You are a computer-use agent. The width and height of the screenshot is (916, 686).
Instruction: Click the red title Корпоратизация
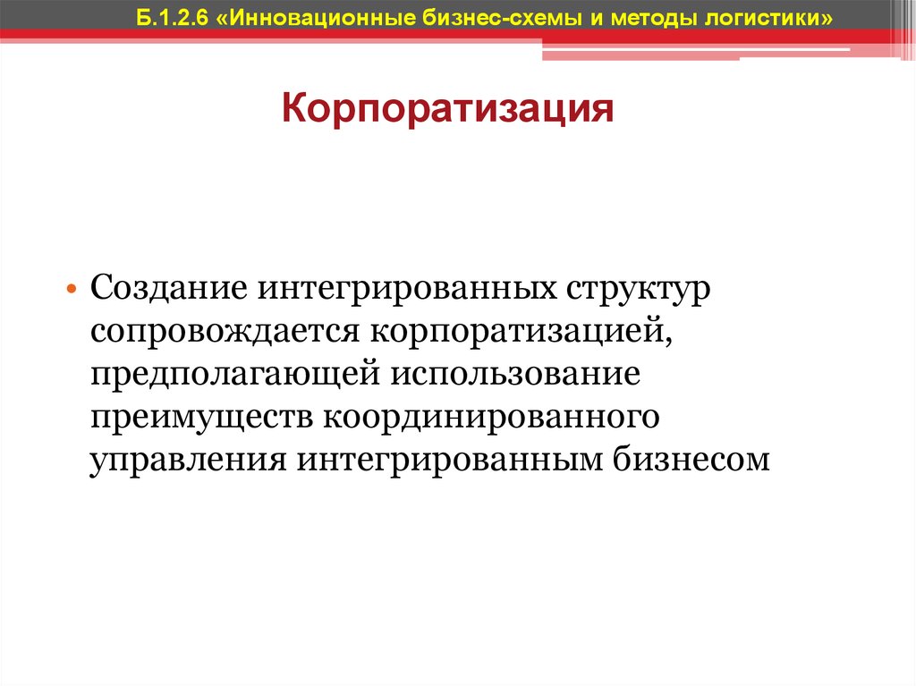coord(448,110)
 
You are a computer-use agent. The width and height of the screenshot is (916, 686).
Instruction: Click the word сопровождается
coord(221,333)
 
